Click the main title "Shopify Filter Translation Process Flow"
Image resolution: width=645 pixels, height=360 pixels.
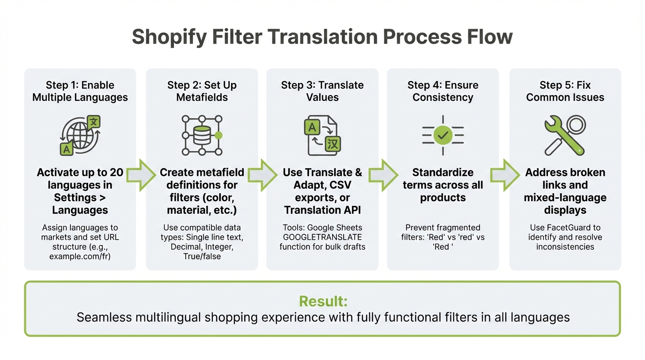(322, 37)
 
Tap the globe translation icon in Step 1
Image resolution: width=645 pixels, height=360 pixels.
(80, 135)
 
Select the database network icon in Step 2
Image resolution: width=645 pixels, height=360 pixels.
(202, 135)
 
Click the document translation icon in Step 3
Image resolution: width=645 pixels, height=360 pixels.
(322, 135)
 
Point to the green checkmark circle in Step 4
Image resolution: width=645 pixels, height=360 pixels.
(443, 135)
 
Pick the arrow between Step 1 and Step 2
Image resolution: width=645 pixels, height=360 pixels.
(141, 175)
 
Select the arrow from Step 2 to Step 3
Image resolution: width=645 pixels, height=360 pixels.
(262, 175)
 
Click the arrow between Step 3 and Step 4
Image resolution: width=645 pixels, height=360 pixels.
(383, 175)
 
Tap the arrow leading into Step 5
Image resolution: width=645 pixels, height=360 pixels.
(504, 175)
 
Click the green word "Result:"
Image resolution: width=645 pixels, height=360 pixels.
(323, 301)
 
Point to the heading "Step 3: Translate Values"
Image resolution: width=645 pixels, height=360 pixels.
(322, 91)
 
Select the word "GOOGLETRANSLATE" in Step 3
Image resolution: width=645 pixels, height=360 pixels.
(322, 237)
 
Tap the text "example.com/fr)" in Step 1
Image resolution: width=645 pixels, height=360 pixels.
(80, 256)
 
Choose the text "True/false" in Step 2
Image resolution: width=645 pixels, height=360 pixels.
(202, 256)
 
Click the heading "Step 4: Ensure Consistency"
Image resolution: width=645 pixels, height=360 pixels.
(443, 91)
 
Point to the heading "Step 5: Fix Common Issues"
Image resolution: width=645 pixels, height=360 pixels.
(565, 91)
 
